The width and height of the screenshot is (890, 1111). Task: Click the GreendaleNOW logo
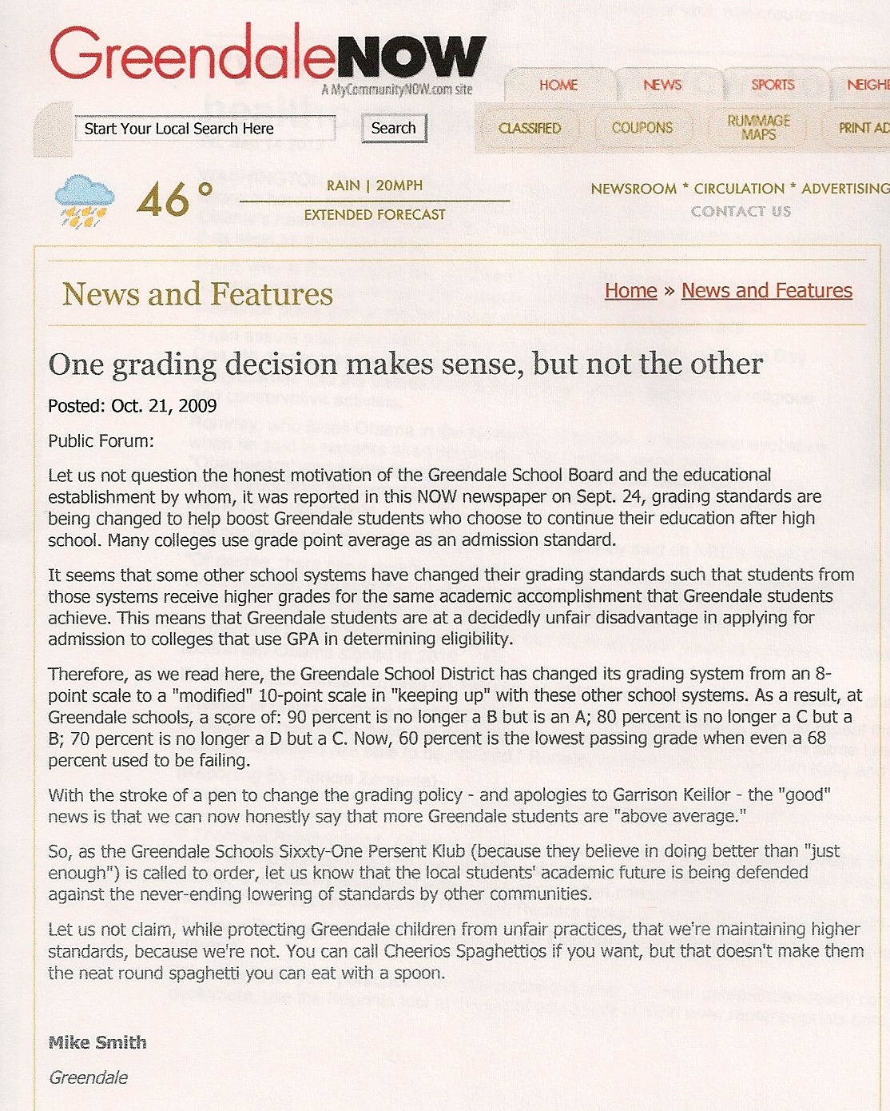click(268, 56)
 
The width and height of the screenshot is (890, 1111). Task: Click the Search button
click(394, 128)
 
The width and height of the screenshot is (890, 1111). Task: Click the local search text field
click(205, 129)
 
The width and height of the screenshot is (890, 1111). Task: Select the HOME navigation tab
click(558, 85)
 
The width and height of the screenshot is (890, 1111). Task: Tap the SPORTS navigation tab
click(773, 85)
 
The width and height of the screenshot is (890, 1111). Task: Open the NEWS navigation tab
click(662, 85)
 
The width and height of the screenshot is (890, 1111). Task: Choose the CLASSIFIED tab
click(530, 128)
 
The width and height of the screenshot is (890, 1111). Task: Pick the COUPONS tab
click(642, 128)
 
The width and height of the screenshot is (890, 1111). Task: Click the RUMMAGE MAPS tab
click(758, 127)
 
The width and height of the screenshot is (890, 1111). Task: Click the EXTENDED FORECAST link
click(375, 214)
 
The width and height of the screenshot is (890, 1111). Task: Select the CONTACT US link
click(741, 211)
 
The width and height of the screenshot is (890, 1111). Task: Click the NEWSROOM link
click(634, 189)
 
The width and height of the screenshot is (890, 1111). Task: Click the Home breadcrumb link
click(630, 290)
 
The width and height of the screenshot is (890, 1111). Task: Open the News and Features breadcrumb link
click(767, 290)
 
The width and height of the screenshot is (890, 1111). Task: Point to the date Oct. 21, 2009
click(164, 406)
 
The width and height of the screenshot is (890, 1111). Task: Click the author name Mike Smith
click(97, 1042)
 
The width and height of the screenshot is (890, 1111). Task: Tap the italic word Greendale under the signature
click(88, 1077)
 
